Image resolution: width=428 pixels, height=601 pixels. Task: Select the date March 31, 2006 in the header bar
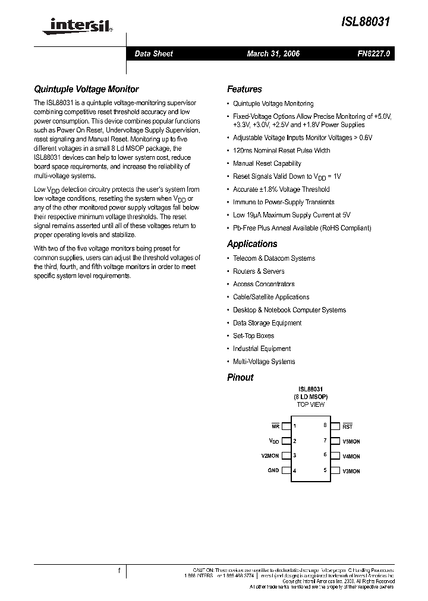[x=273, y=54]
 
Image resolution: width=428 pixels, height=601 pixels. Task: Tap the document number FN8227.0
[x=373, y=54]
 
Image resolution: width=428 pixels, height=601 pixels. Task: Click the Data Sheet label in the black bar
[x=153, y=54]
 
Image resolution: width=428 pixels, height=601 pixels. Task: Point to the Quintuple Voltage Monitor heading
[x=86, y=89]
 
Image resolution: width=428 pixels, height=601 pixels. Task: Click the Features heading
[x=244, y=89]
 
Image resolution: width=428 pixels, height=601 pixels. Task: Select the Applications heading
[x=252, y=244]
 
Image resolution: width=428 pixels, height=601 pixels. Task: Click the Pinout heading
[x=240, y=377]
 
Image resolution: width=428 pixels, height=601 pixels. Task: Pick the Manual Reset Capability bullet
[x=267, y=163]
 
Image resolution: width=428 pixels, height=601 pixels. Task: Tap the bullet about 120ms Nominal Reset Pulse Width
[x=281, y=150]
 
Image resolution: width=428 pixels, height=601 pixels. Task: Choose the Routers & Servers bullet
[x=259, y=271]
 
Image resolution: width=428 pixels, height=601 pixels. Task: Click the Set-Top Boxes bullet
[x=253, y=336]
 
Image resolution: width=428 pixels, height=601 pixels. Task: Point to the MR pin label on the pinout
[x=275, y=426]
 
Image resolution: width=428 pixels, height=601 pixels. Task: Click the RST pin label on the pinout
[x=348, y=426]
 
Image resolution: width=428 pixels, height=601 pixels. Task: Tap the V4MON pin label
[x=351, y=456]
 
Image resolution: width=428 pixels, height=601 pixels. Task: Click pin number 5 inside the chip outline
[x=325, y=470]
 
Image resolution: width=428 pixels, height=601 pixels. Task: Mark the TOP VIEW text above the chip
[x=310, y=404]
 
